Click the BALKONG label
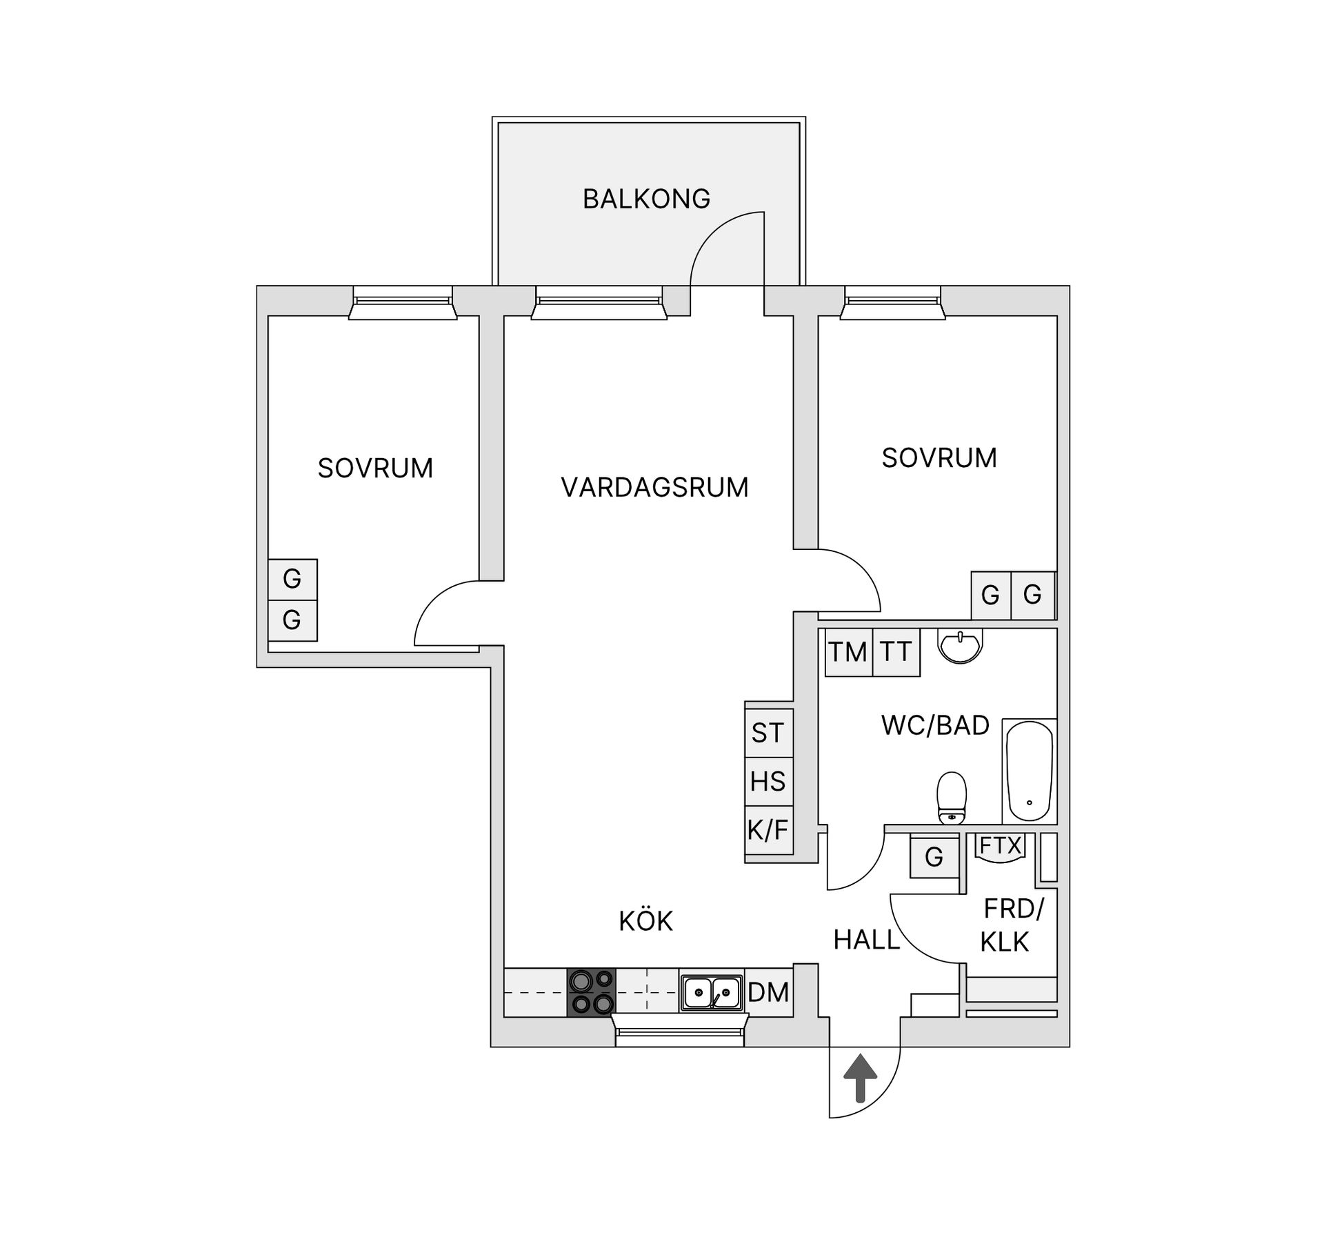tap(646, 199)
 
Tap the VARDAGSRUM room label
tap(654, 487)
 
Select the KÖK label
tap(645, 921)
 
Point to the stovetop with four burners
tap(591, 992)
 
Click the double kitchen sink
tap(711, 993)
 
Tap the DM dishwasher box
tap(768, 992)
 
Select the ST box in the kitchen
tap(768, 732)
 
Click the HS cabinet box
tap(768, 781)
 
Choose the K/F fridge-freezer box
tap(768, 830)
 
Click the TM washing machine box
tap(848, 652)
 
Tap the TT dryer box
tap(896, 652)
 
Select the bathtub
tap(1029, 771)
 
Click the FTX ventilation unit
tap(1001, 846)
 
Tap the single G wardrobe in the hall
tap(934, 857)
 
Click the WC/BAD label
tap(935, 725)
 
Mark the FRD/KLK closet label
tap(1009, 925)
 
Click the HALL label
tap(867, 940)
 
